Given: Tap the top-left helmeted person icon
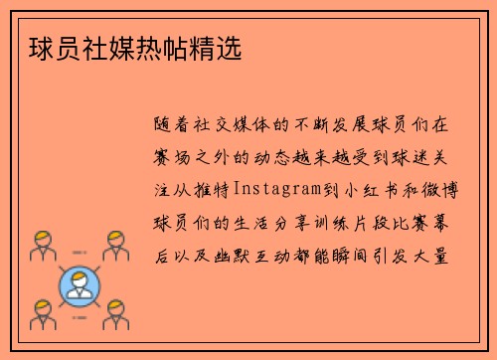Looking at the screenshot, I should [x=41, y=244].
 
